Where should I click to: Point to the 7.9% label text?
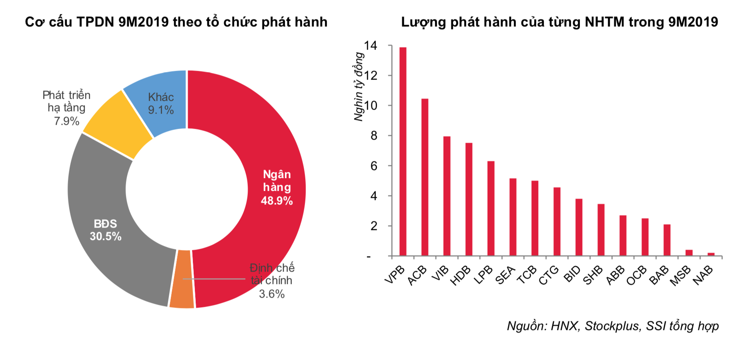tap(66, 121)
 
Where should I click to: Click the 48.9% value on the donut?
tap(277, 200)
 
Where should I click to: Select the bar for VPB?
tap(403, 152)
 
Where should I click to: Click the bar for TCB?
tap(535, 218)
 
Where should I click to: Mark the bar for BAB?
tap(667, 240)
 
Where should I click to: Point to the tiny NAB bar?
tap(711, 254)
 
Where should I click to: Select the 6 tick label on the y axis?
tap(374, 166)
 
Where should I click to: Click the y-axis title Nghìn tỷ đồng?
tap(359, 86)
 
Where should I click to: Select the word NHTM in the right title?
tap(604, 22)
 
